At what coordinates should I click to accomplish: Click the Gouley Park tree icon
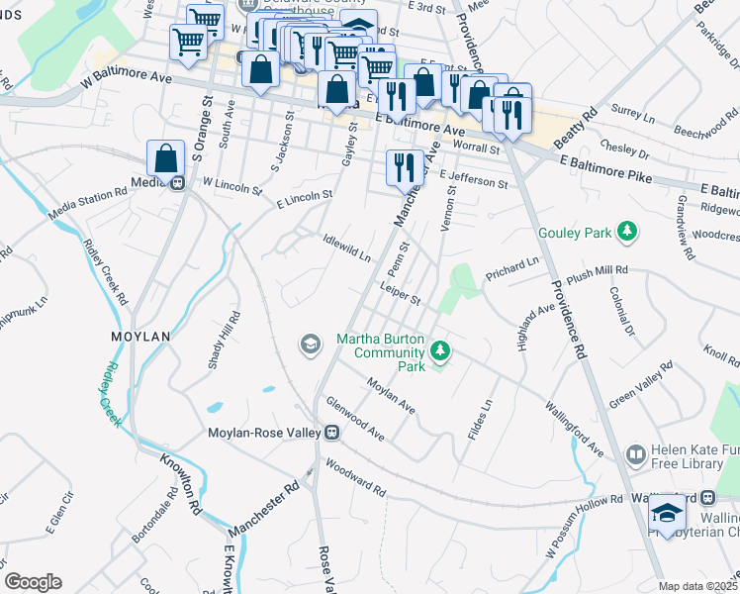625,233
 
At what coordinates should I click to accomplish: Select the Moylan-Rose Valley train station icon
332,433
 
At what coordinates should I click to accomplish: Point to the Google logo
33,582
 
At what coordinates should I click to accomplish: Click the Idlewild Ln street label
347,248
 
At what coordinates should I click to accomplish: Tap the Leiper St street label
400,293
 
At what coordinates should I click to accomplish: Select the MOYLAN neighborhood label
139,337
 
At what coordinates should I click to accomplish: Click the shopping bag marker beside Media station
165,158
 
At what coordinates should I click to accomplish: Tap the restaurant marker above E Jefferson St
404,166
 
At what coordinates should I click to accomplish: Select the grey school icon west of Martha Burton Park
310,344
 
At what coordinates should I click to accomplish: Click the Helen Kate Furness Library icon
635,454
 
